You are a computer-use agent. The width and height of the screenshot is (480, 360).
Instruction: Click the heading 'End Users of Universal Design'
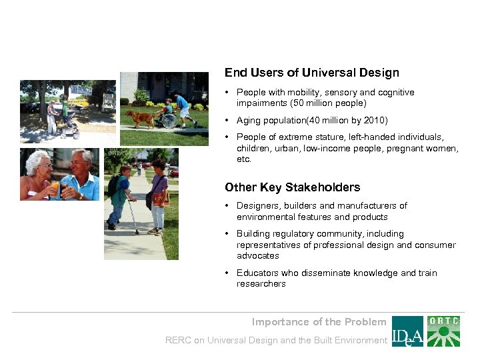311,73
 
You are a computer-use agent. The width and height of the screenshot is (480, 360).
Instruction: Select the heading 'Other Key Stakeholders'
292,187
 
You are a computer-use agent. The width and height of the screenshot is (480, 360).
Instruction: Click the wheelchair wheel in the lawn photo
169,121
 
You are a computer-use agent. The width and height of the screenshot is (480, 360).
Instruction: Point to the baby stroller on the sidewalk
69,125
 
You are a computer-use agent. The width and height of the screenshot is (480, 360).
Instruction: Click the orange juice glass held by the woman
55,188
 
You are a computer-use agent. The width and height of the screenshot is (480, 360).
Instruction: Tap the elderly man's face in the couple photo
81,164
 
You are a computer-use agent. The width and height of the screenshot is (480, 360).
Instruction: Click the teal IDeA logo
407,331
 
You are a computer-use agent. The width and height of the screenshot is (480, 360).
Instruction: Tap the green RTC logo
443,331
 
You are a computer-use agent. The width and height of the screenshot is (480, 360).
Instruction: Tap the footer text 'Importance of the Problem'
319,322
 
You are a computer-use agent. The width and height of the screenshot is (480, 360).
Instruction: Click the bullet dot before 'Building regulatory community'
228,234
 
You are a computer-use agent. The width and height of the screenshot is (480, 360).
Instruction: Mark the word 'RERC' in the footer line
178,341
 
